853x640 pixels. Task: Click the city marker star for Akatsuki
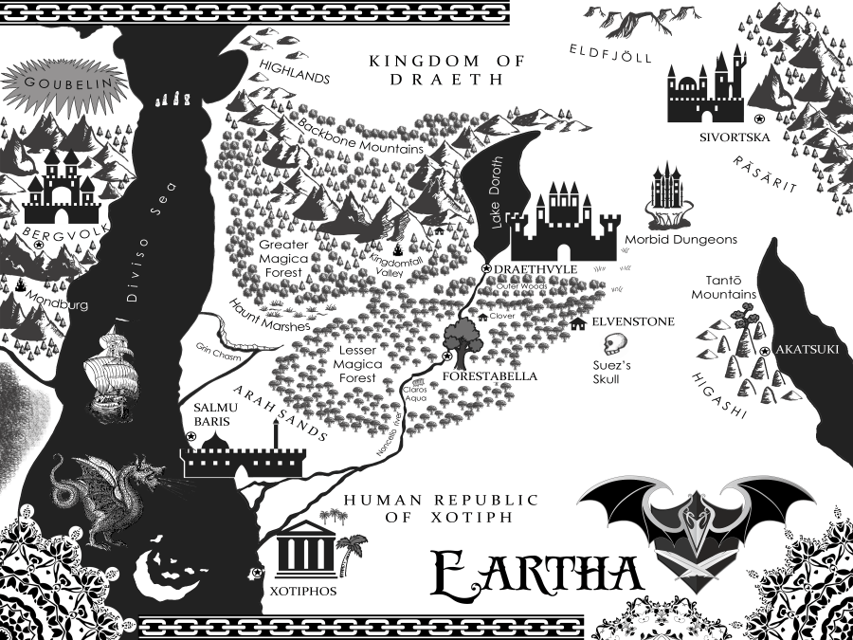coord(764,353)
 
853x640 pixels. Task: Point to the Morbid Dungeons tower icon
coord(666,196)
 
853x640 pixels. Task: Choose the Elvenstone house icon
coord(578,324)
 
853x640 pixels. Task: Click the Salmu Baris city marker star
coord(191,437)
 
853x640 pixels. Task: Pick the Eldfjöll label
coord(611,53)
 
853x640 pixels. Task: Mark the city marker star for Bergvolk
coord(39,245)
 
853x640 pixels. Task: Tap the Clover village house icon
coord(481,318)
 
